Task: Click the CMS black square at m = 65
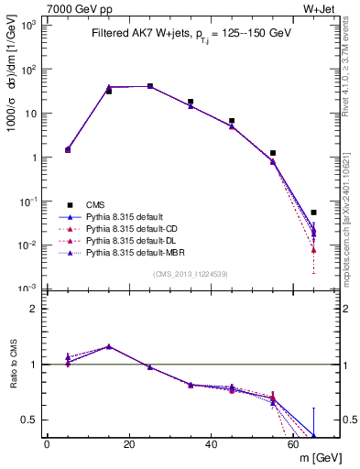[x=313, y=213]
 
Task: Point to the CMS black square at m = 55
[x=273, y=153]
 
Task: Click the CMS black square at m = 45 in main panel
[x=232, y=121]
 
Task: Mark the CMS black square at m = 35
[x=191, y=102]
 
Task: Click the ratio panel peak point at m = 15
[x=109, y=346]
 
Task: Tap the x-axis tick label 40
[x=212, y=444]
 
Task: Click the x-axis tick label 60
[x=293, y=444]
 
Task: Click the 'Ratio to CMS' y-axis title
[x=12, y=365]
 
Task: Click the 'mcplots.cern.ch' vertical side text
[x=352, y=211]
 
